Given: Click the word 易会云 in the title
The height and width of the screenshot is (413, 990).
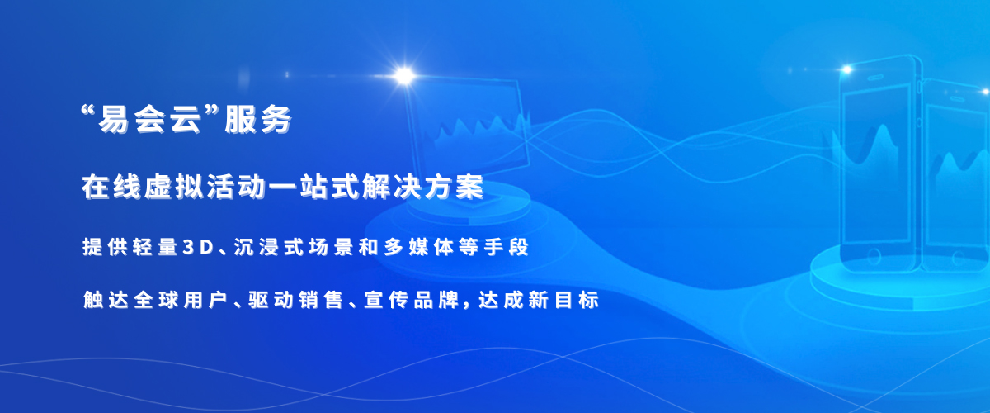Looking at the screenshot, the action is point(150,120).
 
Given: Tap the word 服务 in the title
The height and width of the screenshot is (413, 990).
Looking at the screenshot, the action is point(258,120).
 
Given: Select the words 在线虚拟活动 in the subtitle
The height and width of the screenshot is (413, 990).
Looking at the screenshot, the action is point(174,188).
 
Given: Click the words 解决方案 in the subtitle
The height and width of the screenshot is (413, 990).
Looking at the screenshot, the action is point(423,188).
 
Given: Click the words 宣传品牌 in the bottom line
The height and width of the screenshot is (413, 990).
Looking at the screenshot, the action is point(412,300).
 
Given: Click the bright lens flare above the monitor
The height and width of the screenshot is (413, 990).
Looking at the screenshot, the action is point(404,76).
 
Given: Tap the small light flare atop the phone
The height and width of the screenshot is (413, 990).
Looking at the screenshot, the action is point(846,69).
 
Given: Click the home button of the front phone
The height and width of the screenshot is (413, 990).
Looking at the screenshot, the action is point(874,255).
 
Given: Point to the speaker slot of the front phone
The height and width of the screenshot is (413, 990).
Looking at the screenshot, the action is point(875,78).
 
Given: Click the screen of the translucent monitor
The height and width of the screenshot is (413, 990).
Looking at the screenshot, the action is point(469,128).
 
